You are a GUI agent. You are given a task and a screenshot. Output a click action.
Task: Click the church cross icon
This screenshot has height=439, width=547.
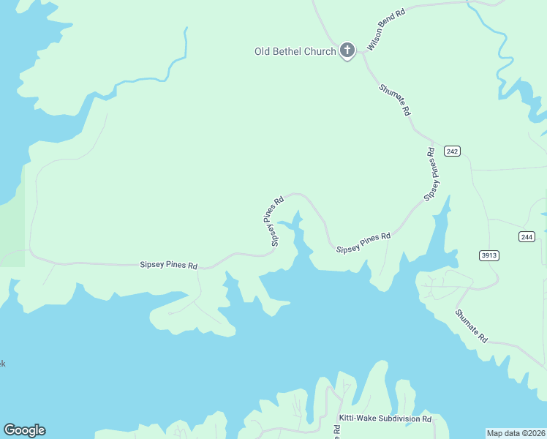point(347,50)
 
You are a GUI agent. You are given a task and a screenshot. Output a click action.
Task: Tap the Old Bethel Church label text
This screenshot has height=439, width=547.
point(295,51)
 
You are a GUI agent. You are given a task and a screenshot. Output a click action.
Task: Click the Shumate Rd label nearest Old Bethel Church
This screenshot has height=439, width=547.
point(395,100)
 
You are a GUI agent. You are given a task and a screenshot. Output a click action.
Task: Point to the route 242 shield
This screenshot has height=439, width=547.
point(452,151)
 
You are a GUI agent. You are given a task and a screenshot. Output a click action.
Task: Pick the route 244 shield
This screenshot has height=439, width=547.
point(527,236)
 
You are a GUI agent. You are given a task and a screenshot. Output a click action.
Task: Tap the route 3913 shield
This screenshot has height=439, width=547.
point(489,255)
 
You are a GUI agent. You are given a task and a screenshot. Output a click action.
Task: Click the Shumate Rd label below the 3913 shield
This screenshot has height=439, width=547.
point(471,326)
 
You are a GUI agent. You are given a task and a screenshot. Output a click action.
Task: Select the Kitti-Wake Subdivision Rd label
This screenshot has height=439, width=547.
point(385,419)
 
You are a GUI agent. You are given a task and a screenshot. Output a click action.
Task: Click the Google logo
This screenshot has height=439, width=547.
point(24,430)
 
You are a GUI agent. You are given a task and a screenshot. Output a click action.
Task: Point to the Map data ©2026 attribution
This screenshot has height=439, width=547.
point(516,432)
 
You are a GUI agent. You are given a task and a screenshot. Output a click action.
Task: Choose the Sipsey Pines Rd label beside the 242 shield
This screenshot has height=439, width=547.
point(433,174)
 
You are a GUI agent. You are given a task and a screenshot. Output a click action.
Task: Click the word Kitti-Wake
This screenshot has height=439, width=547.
point(356,419)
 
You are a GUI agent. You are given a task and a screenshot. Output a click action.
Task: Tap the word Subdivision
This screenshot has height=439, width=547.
point(397,419)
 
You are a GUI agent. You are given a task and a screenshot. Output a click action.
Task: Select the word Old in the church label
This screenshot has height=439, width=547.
point(262,51)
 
